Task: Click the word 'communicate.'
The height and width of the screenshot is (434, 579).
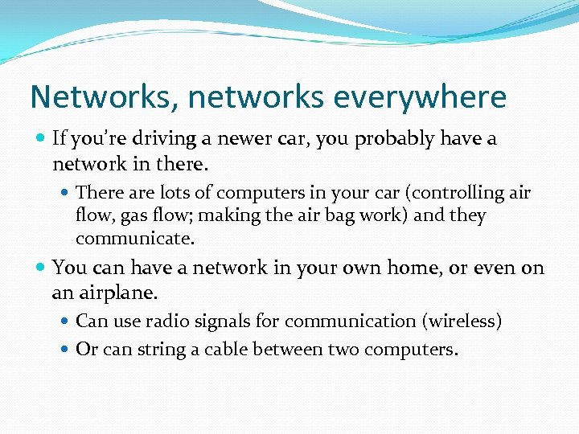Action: point(135,240)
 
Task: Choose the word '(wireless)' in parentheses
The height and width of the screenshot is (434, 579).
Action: point(462,321)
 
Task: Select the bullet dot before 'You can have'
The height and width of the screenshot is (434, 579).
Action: point(41,268)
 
